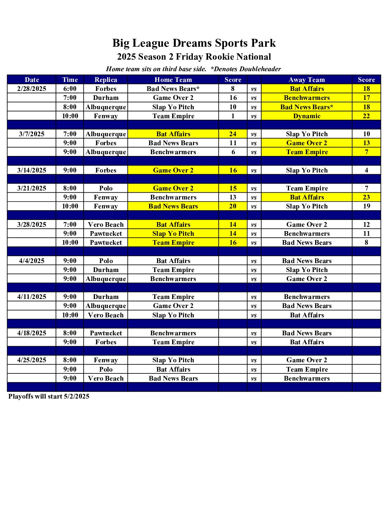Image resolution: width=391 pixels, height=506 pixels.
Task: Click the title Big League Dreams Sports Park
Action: pyautogui.click(x=194, y=43)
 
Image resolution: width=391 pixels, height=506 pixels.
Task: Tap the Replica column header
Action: pyautogui.click(x=106, y=80)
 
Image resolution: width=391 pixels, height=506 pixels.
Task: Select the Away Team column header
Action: pyautogui.click(x=307, y=80)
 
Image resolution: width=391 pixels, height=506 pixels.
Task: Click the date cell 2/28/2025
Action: pyautogui.click(x=32, y=89)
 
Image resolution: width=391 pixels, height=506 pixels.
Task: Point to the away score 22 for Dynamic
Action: pyautogui.click(x=366, y=116)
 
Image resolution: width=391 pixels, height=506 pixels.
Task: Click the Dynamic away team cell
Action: pyautogui.click(x=307, y=116)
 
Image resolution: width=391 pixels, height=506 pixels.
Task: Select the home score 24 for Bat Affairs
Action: pyautogui.click(x=233, y=134)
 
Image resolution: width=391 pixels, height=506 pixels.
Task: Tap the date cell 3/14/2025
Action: pyautogui.click(x=32, y=170)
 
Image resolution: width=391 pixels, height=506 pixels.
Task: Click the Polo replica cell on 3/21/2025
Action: pyautogui.click(x=106, y=188)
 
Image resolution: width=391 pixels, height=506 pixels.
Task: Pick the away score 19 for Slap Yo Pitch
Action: pyautogui.click(x=366, y=206)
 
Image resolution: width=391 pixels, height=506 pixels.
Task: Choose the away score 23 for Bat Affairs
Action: pyautogui.click(x=366, y=197)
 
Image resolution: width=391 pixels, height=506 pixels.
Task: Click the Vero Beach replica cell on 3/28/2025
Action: pyautogui.click(x=106, y=225)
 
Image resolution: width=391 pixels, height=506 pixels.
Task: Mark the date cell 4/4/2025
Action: pyautogui.click(x=32, y=261)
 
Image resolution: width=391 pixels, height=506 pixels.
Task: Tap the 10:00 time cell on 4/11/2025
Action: pyautogui.click(x=70, y=315)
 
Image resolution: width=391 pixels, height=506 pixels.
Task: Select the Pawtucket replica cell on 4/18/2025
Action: pyautogui.click(x=106, y=333)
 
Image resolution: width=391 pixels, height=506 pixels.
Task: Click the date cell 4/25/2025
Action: pyautogui.click(x=32, y=360)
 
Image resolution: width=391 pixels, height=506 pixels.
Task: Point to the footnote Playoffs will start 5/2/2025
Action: pyautogui.click(x=49, y=396)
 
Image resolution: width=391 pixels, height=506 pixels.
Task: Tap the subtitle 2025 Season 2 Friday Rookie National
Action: pyautogui.click(x=194, y=57)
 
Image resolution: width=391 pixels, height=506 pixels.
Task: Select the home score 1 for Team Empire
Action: pyautogui.click(x=233, y=116)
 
